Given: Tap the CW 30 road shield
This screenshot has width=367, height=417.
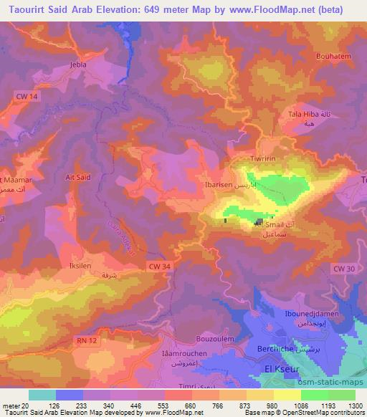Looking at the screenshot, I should (344, 268).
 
